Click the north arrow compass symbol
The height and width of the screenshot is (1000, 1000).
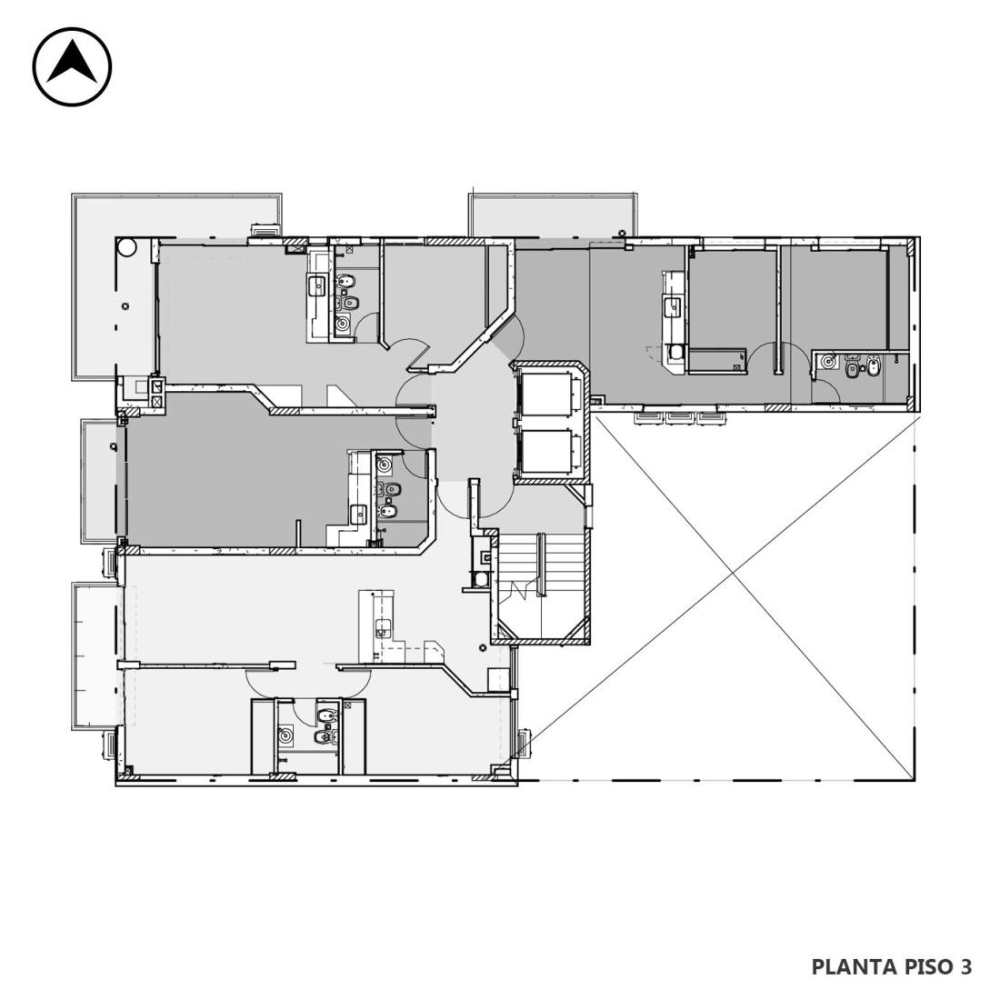pyautogui.click(x=72, y=66)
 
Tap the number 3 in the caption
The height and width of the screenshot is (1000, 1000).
pyautogui.click(x=965, y=966)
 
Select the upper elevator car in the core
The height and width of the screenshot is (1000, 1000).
pyautogui.click(x=547, y=395)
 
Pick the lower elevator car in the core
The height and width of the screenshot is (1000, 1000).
pyautogui.click(x=547, y=452)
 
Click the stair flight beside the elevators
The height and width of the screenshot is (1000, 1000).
pyautogui.click(x=541, y=585)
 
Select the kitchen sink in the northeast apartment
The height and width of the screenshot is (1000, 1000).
pyautogui.click(x=672, y=308)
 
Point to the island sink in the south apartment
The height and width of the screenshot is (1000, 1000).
pyautogui.click(x=383, y=627)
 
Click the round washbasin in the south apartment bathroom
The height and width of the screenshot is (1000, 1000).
pyautogui.click(x=285, y=736)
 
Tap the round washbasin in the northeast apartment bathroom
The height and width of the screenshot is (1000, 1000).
pyautogui.click(x=828, y=362)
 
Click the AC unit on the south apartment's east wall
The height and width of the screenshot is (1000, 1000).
pyautogui.click(x=525, y=745)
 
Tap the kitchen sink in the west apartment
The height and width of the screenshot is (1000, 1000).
pyautogui.click(x=359, y=514)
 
